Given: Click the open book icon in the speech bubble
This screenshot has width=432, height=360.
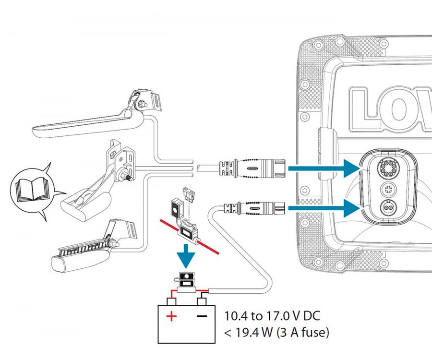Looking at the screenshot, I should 30,190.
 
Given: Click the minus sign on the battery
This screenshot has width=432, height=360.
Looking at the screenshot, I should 202,316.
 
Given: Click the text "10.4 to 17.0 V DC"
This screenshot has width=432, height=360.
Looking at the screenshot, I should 272,317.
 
